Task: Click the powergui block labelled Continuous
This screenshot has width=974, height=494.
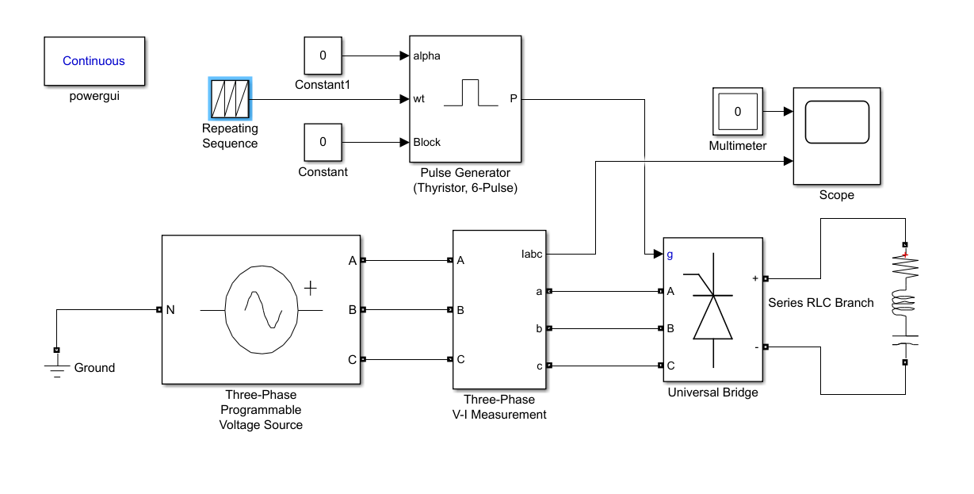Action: (x=94, y=61)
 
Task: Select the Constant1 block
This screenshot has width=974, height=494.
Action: (x=323, y=56)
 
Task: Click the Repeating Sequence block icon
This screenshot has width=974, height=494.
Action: (x=230, y=99)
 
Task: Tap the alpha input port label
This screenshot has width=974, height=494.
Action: (x=427, y=56)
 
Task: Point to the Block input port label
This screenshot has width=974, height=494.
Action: (x=427, y=143)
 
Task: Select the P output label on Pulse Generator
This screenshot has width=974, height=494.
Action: (x=514, y=99)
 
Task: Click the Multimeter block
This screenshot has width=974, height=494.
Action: (x=737, y=112)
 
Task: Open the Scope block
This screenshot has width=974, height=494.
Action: (x=836, y=136)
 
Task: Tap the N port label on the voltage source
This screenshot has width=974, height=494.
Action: (x=170, y=309)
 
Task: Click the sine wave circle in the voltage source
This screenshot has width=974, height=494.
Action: (x=262, y=309)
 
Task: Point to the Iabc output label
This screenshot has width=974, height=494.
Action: (x=532, y=254)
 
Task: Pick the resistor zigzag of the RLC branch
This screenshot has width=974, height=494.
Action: (x=905, y=270)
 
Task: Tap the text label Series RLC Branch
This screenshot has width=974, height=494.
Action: (x=821, y=302)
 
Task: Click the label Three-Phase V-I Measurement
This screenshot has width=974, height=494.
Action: (x=499, y=407)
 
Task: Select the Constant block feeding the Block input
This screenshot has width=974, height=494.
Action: (x=323, y=143)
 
